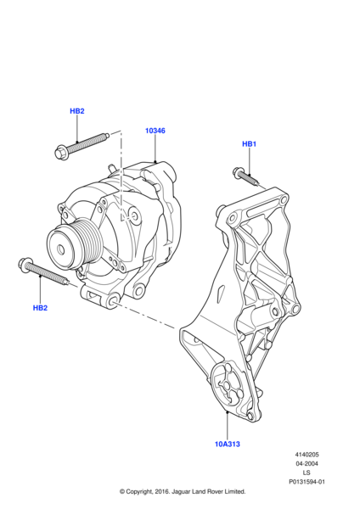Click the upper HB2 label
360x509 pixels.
point(77,111)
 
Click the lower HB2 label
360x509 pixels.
point(40,308)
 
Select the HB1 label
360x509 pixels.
point(250,144)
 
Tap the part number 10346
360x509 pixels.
point(155,131)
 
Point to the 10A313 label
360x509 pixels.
point(228,444)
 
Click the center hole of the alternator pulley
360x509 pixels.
point(61,249)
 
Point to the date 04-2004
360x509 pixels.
point(307,463)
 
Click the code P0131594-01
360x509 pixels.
point(307,482)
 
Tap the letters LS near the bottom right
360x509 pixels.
point(307,473)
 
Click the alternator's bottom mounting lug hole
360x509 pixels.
point(114,300)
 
